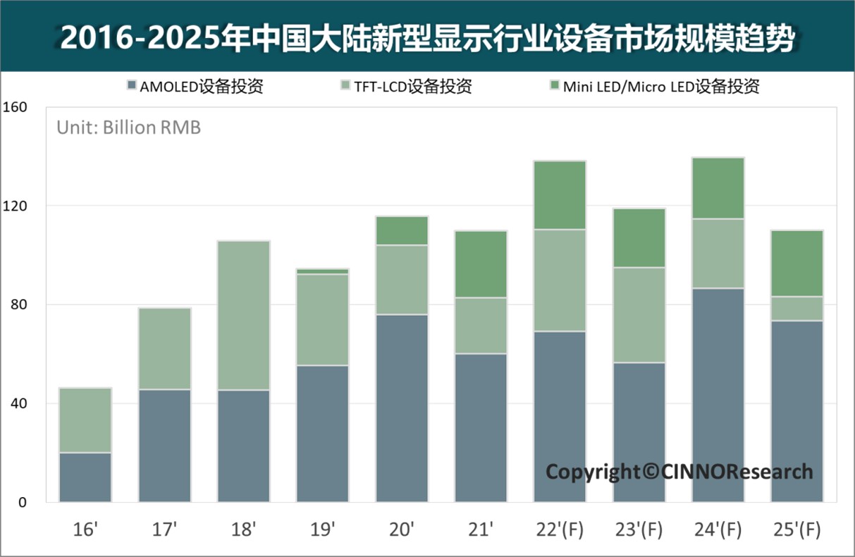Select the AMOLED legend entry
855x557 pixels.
point(195,87)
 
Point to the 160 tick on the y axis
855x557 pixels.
point(15,107)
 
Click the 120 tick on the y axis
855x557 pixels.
point(15,206)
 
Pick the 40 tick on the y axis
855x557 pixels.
point(15,404)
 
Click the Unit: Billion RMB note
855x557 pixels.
point(128,128)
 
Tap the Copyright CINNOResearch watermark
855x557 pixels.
point(679,471)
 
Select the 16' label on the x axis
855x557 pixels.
point(85,528)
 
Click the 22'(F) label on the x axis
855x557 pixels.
point(560,528)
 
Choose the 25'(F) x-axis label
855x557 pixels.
point(796,528)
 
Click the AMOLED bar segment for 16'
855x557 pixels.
point(85,477)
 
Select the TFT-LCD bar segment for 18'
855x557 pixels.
point(243,315)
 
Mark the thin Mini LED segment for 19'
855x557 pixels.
point(322,271)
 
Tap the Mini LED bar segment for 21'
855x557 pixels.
point(481,264)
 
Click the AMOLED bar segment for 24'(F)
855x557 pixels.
point(718,395)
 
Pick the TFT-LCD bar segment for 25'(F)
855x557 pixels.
point(796,309)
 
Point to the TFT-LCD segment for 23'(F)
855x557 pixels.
point(639,315)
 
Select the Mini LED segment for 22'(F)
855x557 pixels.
point(560,195)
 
